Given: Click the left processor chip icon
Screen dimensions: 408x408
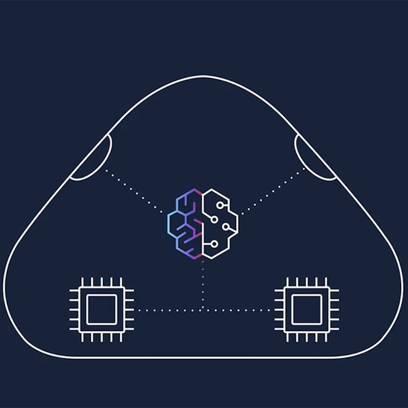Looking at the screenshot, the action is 101,310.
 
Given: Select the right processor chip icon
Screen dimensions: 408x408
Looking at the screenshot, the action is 305,310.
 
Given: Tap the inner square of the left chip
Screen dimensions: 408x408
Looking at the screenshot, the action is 101,310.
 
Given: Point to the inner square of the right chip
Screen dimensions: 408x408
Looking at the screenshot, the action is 305,310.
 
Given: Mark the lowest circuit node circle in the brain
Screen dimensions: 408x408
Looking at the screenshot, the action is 214,244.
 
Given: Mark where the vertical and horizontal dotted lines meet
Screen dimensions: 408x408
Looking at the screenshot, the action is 203,310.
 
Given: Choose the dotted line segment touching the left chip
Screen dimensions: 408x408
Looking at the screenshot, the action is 148,310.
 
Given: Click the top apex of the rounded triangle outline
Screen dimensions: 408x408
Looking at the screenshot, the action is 204,76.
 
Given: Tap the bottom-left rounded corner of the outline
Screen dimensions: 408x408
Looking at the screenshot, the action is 20,326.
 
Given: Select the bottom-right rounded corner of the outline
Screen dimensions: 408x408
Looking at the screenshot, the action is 388,326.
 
